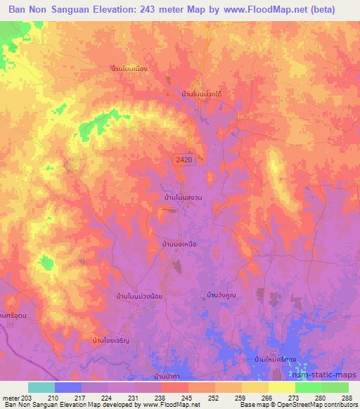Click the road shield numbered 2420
click(x=184, y=160)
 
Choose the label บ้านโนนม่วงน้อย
click(x=137, y=297)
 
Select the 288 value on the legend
click(x=347, y=397)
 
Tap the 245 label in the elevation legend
click(x=187, y=397)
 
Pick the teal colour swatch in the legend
click(x=41, y=387)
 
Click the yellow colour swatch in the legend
click(x=281, y=387)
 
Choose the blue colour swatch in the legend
click(x=68, y=387)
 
